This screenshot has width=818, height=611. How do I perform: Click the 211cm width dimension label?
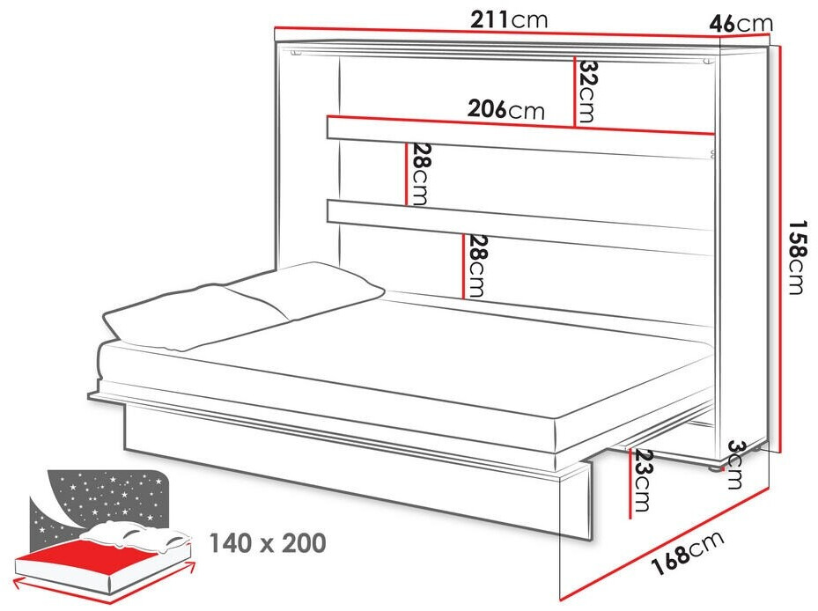509,20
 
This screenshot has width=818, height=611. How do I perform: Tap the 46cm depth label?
741,23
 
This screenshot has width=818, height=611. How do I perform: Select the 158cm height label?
797,257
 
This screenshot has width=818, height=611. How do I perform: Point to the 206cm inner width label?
506,109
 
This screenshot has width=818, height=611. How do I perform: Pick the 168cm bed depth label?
689,553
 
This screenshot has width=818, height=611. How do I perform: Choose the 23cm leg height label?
642,480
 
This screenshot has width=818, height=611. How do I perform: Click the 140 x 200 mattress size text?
268,543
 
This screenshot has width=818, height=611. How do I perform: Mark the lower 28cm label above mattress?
475,266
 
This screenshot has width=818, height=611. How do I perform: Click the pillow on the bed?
243,305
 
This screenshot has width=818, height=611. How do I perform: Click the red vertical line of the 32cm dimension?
574,91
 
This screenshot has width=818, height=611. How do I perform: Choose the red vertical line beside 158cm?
779,250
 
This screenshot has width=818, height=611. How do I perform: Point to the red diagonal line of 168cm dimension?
664,544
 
